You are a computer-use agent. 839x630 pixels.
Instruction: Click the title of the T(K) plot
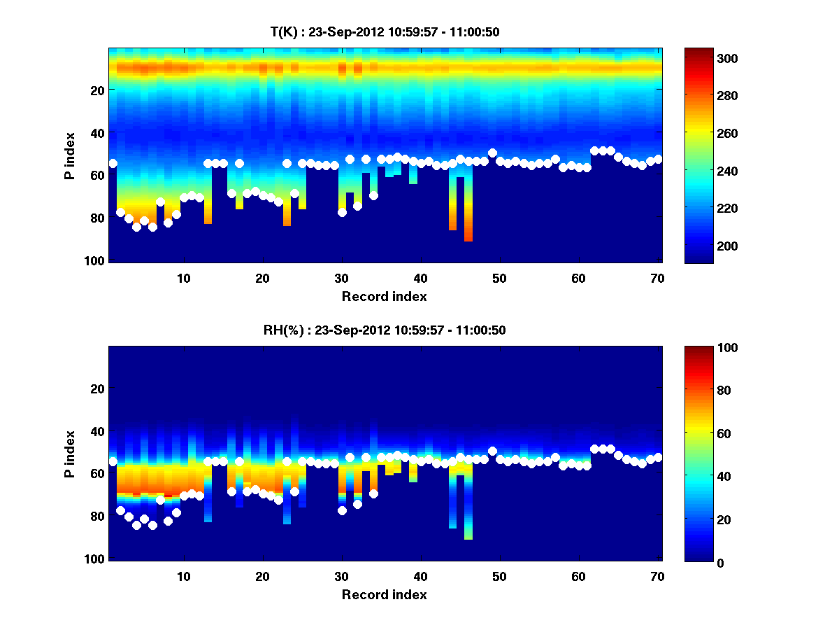(385, 31)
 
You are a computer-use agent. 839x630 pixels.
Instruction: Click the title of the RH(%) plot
(385, 330)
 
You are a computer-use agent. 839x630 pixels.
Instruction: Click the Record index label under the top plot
(385, 296)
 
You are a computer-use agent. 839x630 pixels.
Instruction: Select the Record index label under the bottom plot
(385, 594)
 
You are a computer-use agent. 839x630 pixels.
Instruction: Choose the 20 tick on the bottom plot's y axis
(97, 388)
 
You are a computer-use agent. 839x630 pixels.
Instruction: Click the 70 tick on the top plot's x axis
(657, 278)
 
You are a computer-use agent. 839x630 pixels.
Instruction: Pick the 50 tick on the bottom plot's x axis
(499, 576)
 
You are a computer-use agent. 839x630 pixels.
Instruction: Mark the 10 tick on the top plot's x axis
(183, 278)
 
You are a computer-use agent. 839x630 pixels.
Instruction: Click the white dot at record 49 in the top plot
(492, 153)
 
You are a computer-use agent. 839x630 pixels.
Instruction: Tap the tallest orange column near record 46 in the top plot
(468, 210)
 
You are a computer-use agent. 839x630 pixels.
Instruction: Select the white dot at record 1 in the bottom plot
(113, 462)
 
